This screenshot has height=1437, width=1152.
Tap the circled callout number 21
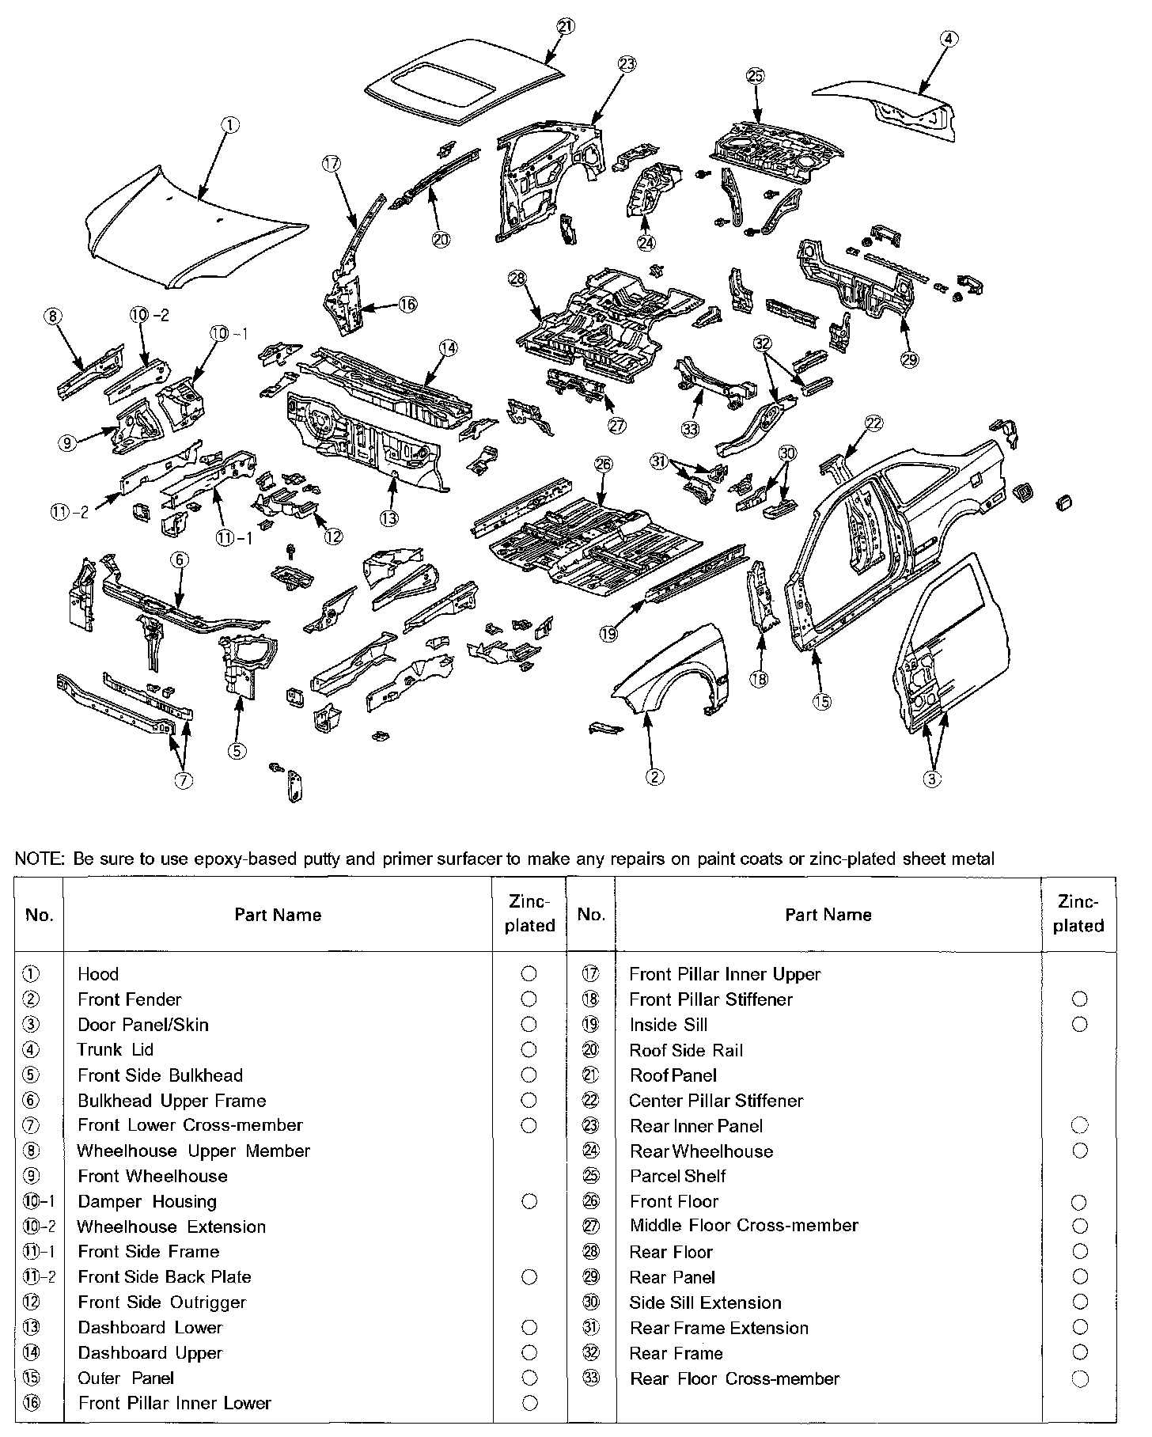coord(565,26)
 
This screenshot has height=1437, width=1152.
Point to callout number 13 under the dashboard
coord(388,518)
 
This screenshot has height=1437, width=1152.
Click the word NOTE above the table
coord(39,859)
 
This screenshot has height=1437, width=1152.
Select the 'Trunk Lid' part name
coord(116,1050)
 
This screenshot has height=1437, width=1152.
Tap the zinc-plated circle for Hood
coord(529,974)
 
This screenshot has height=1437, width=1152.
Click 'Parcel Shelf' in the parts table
coord(678,1176)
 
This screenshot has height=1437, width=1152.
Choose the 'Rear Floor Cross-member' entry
coord(734,1379)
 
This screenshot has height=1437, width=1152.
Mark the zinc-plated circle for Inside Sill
coord(1079,1025)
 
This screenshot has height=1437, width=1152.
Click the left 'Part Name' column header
coord(278,915)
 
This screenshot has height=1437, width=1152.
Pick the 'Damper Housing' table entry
coord(147,1202)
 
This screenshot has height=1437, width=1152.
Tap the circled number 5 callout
coord(237,751)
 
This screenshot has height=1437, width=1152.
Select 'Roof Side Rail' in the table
coord(686,1050)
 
